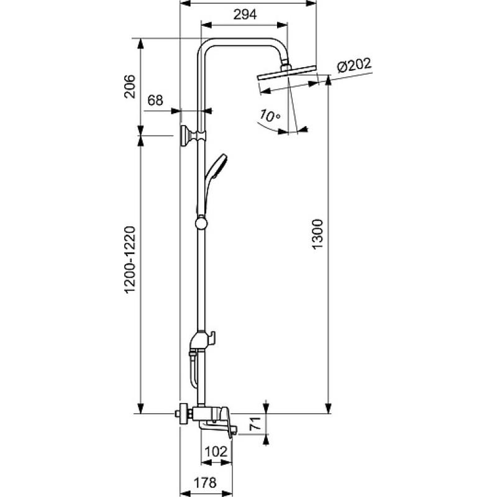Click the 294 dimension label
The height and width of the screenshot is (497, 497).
(245, 14)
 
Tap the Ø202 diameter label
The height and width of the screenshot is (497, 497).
(353, 65)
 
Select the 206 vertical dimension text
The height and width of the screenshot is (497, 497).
(129, 86)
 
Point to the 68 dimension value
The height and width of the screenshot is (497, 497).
(155, 101)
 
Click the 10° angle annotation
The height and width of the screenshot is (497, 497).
(270, 116)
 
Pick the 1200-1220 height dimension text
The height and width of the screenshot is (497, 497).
(130, 260)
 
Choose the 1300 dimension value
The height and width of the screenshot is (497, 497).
(317, 234)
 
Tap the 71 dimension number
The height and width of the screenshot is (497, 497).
(255, 424)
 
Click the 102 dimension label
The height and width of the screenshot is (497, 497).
(216, 452)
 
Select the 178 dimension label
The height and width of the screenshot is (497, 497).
(205, 483)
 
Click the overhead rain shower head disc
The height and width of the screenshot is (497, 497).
(287, 73)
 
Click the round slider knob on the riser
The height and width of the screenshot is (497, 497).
(201, 222)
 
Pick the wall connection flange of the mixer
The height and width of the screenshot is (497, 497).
(183, 414)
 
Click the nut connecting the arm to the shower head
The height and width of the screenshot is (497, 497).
(286, 67)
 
